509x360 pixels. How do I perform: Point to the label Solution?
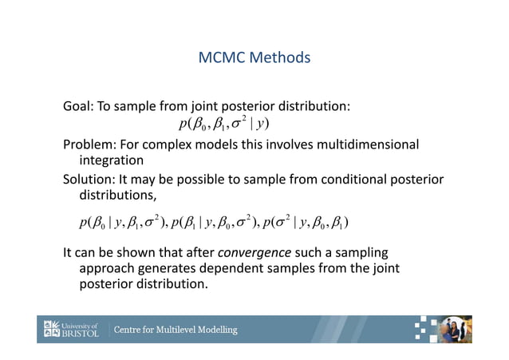pos(92,180)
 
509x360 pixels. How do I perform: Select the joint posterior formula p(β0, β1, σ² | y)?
pos(224,125)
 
